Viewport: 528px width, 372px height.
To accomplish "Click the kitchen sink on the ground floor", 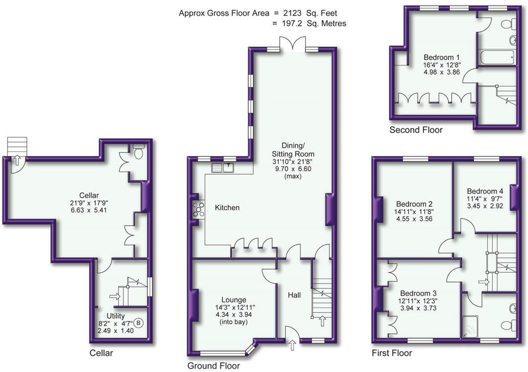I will pyautogui.click(x=223, y=168).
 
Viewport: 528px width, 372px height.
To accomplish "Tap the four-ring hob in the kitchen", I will pyautogui.click(x=198, y=209).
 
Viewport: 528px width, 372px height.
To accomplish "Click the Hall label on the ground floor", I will pyautogui.click(x=294, y=295).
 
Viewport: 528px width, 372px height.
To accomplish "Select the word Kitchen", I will pyautogui.click(x=227, y=208).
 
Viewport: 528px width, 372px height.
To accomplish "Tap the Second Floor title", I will pyautogui.click(x=416, y=130).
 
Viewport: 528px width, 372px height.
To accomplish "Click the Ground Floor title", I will pyautogui.click(x=214, y=366).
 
